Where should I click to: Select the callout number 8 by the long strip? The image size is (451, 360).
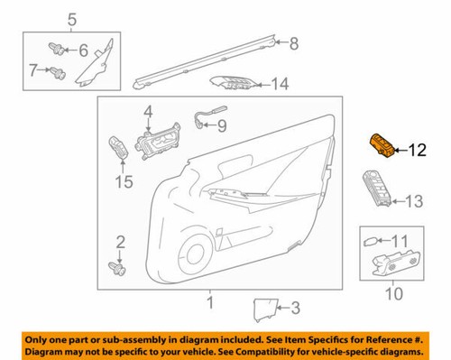[292, 42]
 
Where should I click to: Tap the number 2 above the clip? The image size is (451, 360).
[117, 240]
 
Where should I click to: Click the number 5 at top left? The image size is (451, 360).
[73, 17]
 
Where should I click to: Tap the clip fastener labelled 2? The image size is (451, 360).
[115, 267]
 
